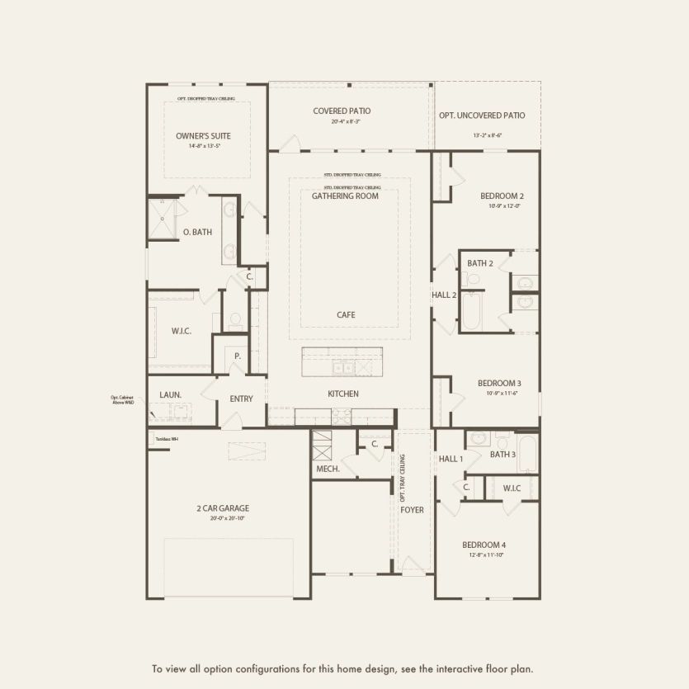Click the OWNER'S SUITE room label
[x=203, y=135]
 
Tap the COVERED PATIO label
[x=342, y=111]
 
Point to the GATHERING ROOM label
[x=345, y=196]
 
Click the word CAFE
[x=346, y=315]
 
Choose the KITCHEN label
[x=343, y=394]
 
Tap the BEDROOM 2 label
[x=503, y=196]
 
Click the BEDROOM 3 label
[x=498, y=383]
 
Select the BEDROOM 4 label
[x=484, y=545]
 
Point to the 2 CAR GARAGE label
[x=223, y=508]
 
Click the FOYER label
[x=412, y=510]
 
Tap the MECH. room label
[x=328, y=469]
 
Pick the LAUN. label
[x=170, y=395]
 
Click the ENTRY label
[x=241, y=399]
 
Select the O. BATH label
[x=197, y=233]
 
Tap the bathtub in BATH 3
[x=527, y=453]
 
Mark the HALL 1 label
[x=451, y=459]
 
